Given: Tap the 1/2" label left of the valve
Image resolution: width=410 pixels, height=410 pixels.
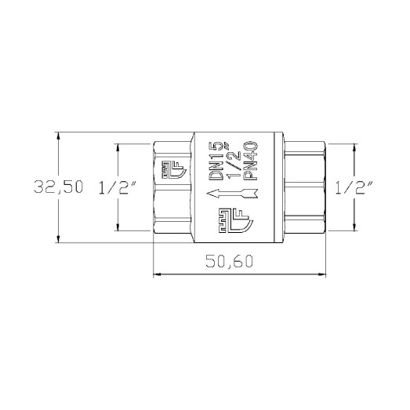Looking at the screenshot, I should (118, 188).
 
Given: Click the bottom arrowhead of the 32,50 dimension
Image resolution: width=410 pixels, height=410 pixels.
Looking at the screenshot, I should (59, 238).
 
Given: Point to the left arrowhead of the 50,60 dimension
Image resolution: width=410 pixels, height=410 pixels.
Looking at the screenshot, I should (155, 274).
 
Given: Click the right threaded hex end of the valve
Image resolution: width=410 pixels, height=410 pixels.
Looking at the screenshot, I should (302, 187).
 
